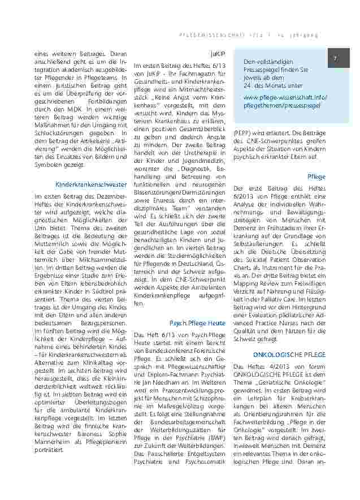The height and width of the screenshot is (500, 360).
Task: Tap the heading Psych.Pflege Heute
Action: pos(197,323)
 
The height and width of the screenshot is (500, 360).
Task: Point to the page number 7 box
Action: pos(335,59)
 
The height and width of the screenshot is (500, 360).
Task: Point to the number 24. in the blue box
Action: pos(249,85)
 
